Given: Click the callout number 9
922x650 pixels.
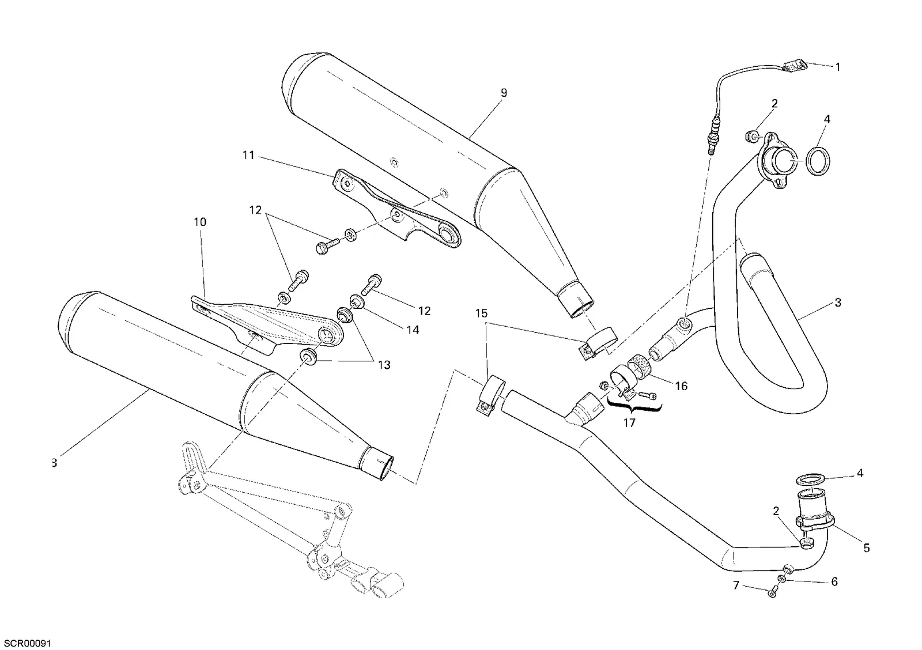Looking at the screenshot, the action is click(504, 93).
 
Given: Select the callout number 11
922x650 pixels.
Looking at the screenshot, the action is click(248, 156).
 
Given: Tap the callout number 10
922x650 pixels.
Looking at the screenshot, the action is click(200, 222).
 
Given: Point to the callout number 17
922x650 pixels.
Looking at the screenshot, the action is click(629, 423).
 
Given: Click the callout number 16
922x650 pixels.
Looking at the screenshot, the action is click(681, 386).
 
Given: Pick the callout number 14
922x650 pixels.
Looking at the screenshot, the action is click(413, 330).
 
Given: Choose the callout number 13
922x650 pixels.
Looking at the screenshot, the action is click(384, 365).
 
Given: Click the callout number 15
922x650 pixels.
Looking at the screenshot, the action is click(481, 313).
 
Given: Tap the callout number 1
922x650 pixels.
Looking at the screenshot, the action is click(838, 67).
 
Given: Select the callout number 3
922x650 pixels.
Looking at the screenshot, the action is click(838, 303).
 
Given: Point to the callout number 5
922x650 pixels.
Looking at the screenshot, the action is click(867, 548).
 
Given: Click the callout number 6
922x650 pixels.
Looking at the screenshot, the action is click(834, 581).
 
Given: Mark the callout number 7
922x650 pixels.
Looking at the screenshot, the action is click(736, 585).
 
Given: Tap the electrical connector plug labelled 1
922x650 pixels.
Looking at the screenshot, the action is click(795, 67).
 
